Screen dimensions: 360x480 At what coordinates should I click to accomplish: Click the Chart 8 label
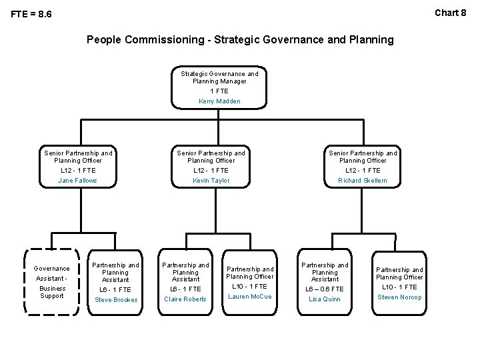point(451,12)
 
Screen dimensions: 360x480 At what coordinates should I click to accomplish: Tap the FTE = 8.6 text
point(31,14)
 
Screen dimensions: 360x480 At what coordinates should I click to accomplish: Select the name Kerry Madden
point(219,101)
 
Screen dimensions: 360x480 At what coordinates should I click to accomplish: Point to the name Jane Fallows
point(77,181)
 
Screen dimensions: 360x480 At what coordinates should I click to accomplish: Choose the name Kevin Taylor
point(211,181)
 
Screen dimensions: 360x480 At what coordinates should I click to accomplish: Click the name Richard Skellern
point(362,181)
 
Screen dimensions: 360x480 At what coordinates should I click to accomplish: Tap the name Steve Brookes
point(116,299)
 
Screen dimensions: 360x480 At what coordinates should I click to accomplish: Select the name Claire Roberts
point(185,299)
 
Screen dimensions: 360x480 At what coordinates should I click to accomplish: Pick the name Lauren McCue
point(249,297)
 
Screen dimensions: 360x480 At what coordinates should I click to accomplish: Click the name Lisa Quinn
point(325,299)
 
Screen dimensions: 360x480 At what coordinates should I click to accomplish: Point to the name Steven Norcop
point(399,297)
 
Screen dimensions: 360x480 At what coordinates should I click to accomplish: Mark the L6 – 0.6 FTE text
point(325,289)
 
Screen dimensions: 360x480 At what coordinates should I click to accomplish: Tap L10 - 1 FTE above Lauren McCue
point(249,287)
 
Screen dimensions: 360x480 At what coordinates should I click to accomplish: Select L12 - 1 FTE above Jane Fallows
point(77,171)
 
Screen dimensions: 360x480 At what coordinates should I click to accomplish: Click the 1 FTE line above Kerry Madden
point(219,91)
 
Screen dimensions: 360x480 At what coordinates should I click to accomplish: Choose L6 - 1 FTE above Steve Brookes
point(116,289)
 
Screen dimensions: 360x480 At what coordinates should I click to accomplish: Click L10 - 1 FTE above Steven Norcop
point(399,287)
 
